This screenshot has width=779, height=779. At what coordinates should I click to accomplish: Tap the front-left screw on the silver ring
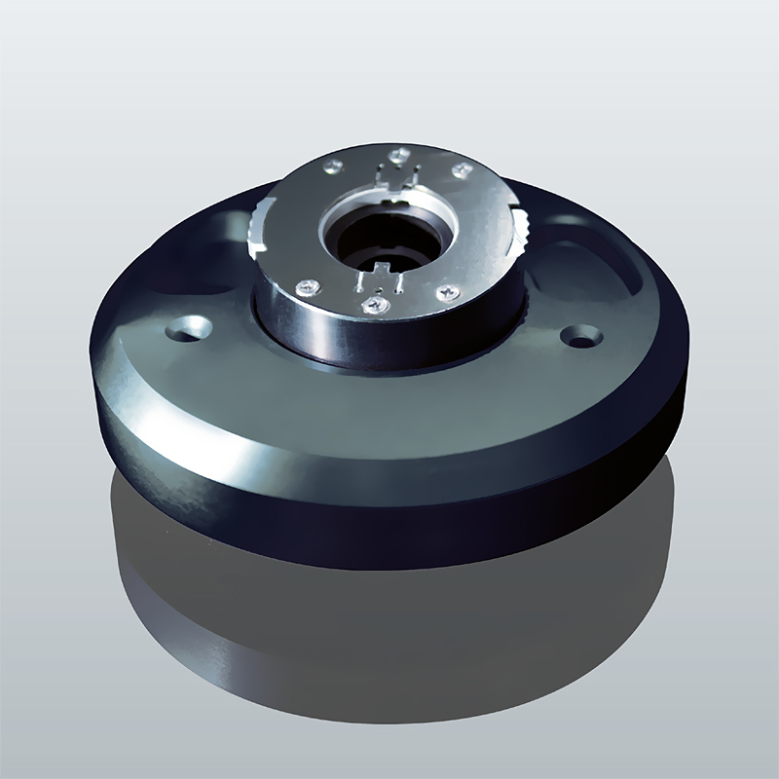(309, 286)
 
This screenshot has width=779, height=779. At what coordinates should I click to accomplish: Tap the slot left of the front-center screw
(360, 282)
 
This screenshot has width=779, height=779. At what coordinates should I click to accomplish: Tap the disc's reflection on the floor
(389, 623)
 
